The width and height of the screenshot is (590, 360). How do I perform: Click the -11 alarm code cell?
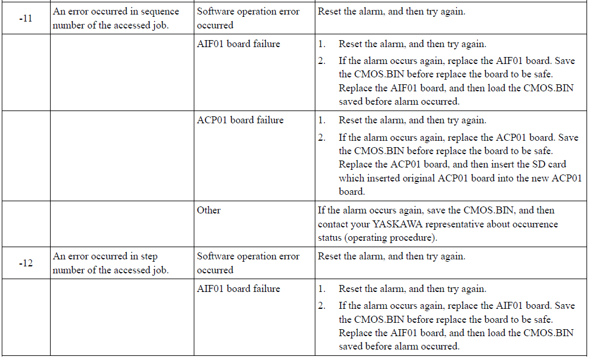[x=26, y=18]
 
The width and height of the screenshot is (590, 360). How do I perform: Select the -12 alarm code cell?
[x=26, y=263]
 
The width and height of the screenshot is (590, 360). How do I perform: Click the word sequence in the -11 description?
[x=159, y=12]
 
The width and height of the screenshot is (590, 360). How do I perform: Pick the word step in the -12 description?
[x=149, y=256]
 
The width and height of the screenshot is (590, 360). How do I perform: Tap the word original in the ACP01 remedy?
[x=419, y=178]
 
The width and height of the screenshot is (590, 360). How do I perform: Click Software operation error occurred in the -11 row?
[x=248, y=19]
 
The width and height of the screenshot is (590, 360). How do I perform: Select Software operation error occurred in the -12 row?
[x=248, y=263]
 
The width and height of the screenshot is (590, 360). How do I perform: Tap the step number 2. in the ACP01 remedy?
[x=322, y=137]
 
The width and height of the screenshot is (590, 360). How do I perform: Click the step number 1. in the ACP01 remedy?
[x=322, y=120]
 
